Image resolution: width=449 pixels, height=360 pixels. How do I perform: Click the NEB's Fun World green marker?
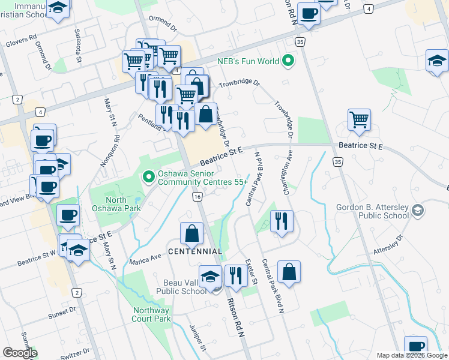[x=289, y=61]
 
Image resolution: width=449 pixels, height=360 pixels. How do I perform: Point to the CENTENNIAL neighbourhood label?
[x=195, y=251]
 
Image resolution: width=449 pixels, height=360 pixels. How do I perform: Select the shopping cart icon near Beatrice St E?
[x=359, y=119]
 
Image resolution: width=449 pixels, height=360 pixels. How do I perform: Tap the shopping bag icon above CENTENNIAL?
[x=191, y=233]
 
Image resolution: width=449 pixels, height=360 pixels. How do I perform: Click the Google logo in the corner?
[x=19, y=353]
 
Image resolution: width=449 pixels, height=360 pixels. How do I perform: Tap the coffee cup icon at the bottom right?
[x=415, y=346]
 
